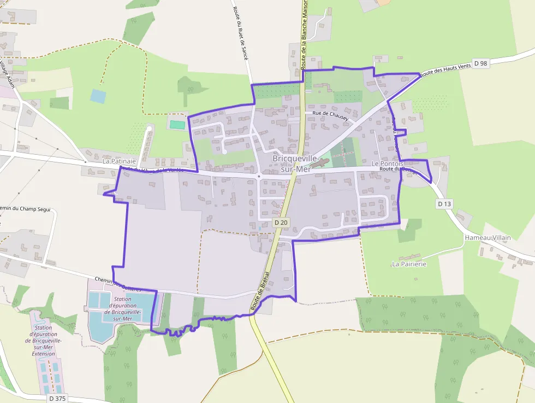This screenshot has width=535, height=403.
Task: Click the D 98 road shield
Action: [x=480, y=63]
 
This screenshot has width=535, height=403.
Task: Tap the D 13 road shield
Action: [x=444, y=204]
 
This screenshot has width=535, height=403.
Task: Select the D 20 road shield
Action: [x=281, y=223]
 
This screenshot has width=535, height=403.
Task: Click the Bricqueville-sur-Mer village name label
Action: [x=295, y=163]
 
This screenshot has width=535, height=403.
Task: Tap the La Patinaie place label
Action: [x=119, y=161]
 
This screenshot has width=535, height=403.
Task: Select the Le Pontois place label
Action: [x=388, y=163]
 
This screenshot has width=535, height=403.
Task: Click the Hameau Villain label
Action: [x=488, y=238]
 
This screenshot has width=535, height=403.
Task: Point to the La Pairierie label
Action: [x=409, y=264]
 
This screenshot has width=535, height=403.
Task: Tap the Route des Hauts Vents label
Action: [x=445, y=68]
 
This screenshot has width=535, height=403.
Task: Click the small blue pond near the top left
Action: [x=98, y=96]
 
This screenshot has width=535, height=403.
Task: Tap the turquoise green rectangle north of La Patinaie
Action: [x=177, y=125]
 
